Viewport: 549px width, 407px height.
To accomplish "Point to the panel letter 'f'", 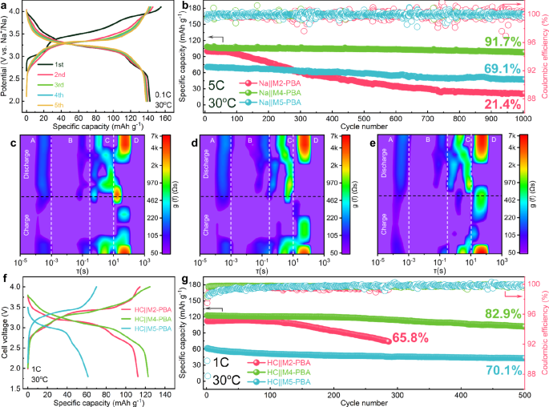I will (x=6, y=280).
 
